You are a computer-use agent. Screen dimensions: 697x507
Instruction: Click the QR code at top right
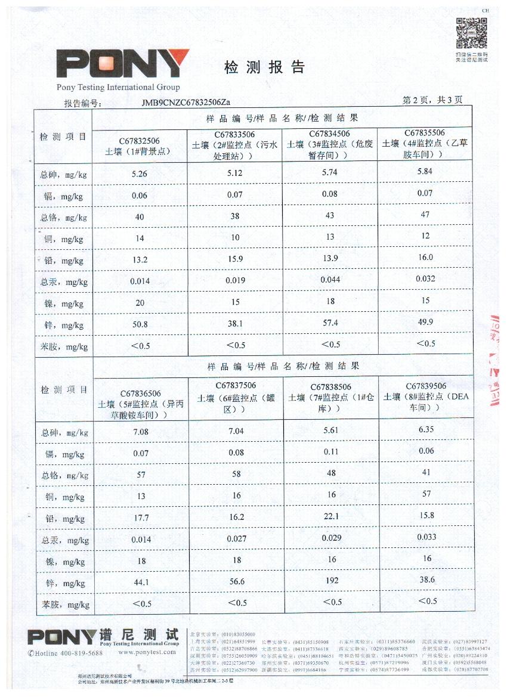pos(472,33)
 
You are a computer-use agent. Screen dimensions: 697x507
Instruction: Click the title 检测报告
pos(264,67)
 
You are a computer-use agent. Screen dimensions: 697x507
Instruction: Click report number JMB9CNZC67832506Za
pos(186,103)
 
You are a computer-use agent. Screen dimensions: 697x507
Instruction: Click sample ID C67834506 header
pos(329,134)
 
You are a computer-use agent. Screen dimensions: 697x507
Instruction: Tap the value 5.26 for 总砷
pos(139,175)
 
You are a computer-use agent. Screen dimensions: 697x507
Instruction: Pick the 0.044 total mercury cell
pos(330,280)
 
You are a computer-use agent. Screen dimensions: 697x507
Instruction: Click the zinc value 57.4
pos(330,323)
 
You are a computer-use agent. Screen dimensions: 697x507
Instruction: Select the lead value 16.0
pos(425,258)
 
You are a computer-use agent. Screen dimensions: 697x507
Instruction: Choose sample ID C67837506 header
pos(235,386)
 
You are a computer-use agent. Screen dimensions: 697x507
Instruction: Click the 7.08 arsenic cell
pos(141,431)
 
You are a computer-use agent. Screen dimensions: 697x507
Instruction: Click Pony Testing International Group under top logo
pos(118,88)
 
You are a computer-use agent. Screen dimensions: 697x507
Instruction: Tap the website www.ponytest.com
pos(147,652)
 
